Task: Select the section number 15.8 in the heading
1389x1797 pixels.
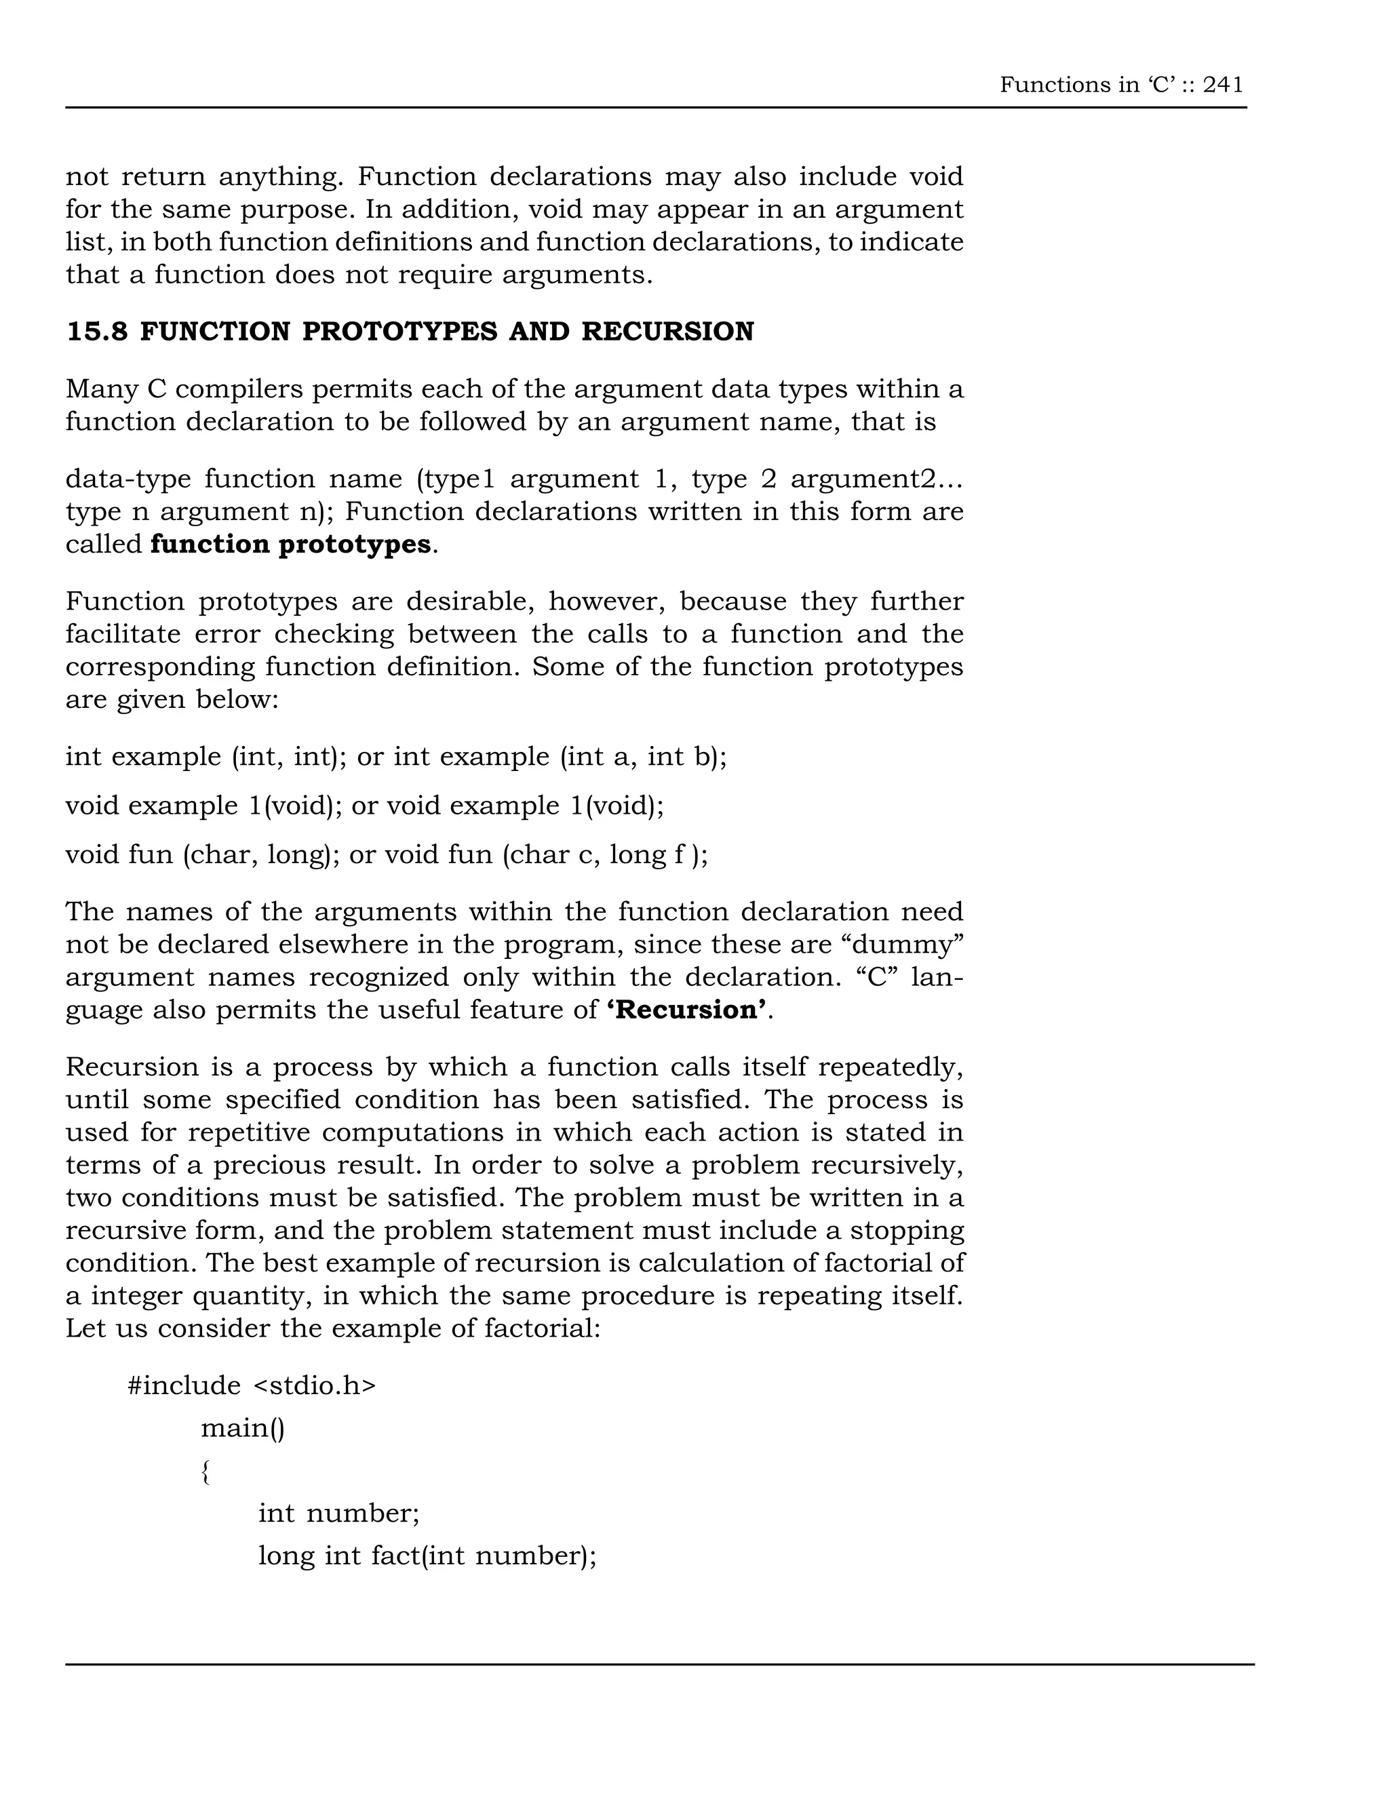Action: click(x=96, y=332)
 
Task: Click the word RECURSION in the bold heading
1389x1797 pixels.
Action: click(x=667, y=332)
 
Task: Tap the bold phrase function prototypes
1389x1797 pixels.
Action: click(x=290, y=544)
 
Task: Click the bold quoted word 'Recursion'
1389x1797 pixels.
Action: click(x=690, y=1010)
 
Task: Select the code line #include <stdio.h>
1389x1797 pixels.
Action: click(x=252, y=1385)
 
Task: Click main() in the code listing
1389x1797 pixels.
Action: click(x=243, y=1427)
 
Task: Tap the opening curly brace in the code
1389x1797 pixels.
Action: click(x=206, y=1472)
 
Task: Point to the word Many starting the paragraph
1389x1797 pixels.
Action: click(x=96, y=389)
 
